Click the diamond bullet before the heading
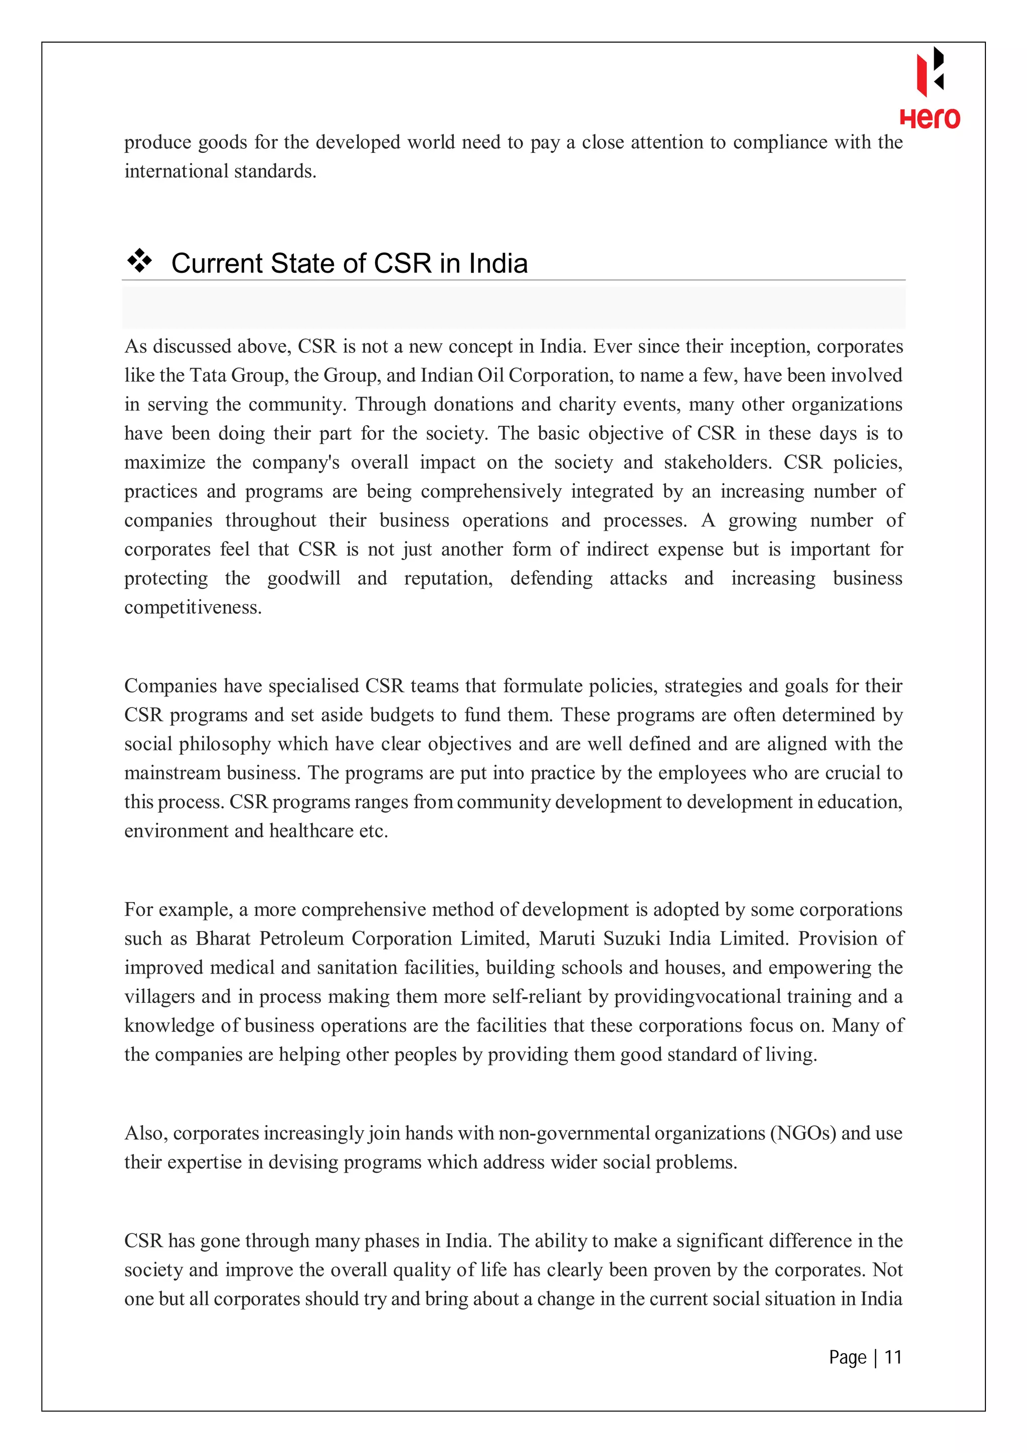click(140, 261)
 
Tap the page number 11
click(892, 1357)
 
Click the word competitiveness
click(193, 608)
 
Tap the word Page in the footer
click(847, 1357)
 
